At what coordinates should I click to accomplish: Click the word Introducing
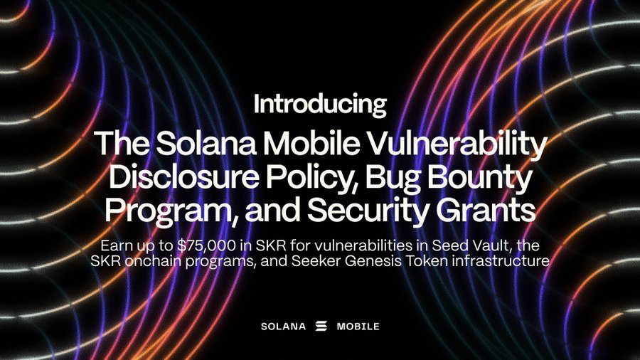pos(319,105)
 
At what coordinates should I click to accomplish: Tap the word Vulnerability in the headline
pos(458,144)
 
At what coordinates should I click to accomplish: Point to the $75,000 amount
pos(206,245)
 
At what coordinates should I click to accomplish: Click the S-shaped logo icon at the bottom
pos(321,326)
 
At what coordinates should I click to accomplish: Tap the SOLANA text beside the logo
pos(283,327)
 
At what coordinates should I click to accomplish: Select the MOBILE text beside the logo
pos(358,327)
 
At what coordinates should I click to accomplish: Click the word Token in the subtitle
pos(426,260)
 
